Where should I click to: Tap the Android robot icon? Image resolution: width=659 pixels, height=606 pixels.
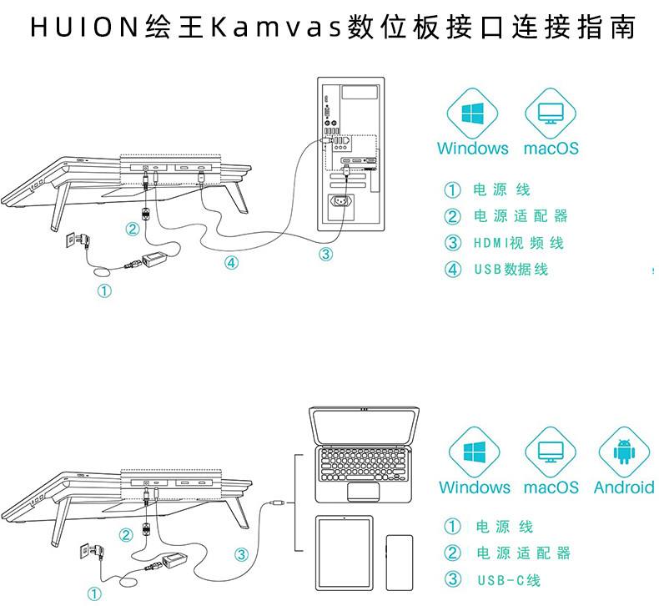pyautogui.click(x=623, y=451)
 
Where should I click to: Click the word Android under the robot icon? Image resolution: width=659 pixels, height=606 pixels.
pyautogui.click(x=624, y=487)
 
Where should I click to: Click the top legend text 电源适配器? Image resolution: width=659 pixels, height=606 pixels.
pyautogui.click(x=521, y=216)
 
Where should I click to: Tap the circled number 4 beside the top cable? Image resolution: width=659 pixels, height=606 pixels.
pyautogui.click(x=231, y=262)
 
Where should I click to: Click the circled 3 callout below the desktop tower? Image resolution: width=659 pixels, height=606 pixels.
pyautogui.click(x=326, y=254)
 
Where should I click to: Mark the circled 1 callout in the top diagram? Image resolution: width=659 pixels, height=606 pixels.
pyautogui.click(x=103, y=290)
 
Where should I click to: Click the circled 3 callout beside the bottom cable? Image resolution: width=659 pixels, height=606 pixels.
pyautogui.click(x=241, y=553)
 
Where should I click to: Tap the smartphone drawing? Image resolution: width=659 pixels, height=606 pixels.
pyautogui.click(x=399, y=564)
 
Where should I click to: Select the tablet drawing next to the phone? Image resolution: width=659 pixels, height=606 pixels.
pyautogui.click(x=345, y=555)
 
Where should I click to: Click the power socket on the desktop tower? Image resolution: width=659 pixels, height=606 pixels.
pyautogui.click(x=345, y=203)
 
